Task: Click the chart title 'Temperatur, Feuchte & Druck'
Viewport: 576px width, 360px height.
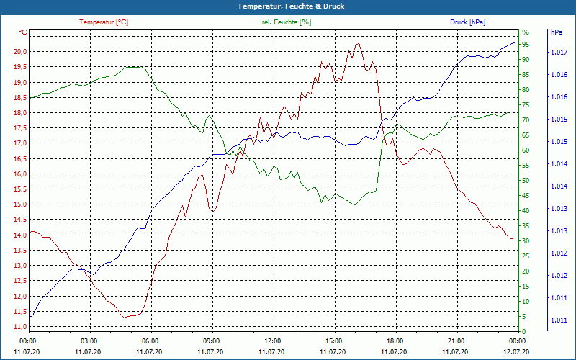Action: point(287,6)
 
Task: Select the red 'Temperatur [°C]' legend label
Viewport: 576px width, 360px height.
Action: point(104,22)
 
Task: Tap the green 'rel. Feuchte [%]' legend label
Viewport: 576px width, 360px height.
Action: point(287,22)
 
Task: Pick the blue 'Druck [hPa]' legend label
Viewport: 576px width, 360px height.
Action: point(467,22)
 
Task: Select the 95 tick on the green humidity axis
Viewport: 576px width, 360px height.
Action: point(526,45)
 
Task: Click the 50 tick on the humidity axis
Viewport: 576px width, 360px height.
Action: point(526,181)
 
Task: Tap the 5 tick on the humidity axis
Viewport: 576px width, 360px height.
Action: point(524,317)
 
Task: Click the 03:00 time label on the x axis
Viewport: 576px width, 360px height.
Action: point(89,341)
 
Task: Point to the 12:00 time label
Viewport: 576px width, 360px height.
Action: point(273,341)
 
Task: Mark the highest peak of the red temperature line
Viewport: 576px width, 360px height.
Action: point(359,43)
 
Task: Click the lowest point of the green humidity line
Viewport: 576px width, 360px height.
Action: point(354,204)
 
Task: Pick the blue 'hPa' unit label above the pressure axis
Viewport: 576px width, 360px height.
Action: point(556,32)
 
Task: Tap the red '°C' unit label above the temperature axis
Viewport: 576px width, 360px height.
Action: point(23,32)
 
